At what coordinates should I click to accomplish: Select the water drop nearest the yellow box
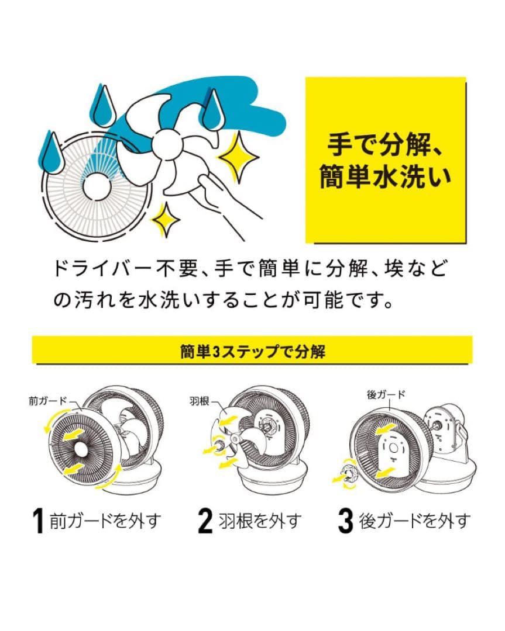pos(212,110)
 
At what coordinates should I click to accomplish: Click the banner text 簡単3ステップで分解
pos(252,352)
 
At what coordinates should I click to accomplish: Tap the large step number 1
pos(38,521)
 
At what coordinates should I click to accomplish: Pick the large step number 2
pos(204,521)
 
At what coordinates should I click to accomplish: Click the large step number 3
pos(345,521)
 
